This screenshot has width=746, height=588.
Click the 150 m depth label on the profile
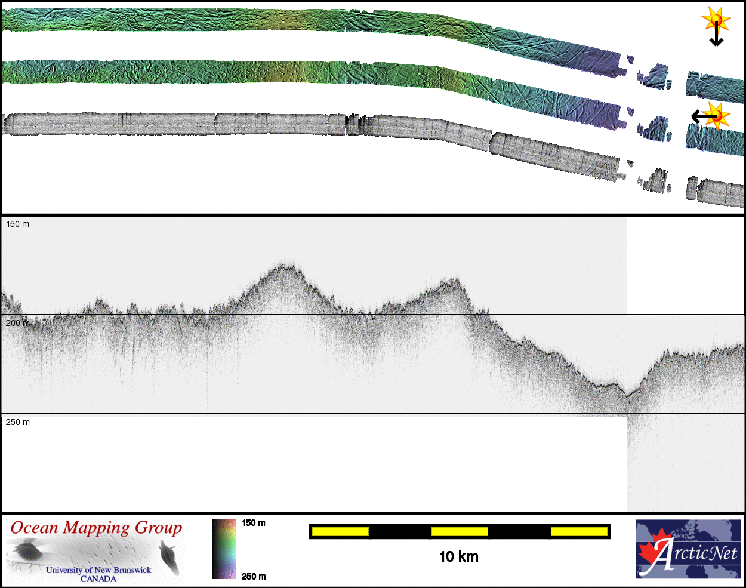click(18, 224)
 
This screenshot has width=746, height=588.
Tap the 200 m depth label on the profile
click(18, 323)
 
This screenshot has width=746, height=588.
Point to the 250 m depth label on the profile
click(18, 422)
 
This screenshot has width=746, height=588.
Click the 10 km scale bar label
click(458, 557)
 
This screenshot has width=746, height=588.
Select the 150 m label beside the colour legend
click(254, 523)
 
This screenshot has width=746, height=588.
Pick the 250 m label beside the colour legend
click(254, 577)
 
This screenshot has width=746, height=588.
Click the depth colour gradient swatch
click(224, 549)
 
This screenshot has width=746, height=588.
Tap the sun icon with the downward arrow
click(716, 20)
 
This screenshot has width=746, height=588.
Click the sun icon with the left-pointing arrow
click(716, 116)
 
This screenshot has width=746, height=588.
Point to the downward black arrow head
click(716, 42)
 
